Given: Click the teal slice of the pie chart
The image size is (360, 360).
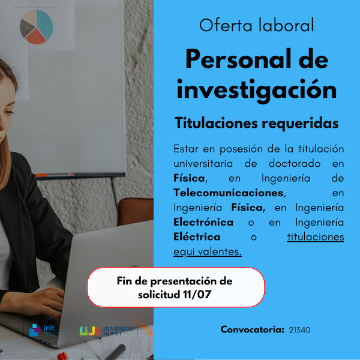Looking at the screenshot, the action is coord(46,23).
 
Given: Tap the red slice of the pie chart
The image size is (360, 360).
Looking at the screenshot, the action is coord(36,37).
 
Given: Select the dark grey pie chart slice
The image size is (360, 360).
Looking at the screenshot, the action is coord(26,28).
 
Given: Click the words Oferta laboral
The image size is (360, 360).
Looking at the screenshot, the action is coord(256,25).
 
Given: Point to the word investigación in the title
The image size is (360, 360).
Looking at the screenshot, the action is coord(256,90).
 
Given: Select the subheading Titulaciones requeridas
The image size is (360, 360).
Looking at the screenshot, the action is coord(256,124).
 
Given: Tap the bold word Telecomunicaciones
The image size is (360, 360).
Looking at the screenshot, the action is coord(229,193).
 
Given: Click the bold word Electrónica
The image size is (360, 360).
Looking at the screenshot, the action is coord(203,222).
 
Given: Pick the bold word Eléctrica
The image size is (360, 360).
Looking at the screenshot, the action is coord(197,237).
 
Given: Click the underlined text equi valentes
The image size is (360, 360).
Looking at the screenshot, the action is coord(208,251).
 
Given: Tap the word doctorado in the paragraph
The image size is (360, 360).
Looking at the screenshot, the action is coord(295,163).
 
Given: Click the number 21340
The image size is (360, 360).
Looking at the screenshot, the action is coord(299,330).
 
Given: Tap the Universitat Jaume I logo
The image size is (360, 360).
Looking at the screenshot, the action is coord(106,331).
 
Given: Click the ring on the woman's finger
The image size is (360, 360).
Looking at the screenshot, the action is coord(53,304).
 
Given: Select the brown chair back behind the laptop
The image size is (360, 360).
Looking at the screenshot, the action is coord(135,211).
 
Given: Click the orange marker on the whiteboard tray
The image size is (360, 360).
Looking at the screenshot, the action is coord(41,175).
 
